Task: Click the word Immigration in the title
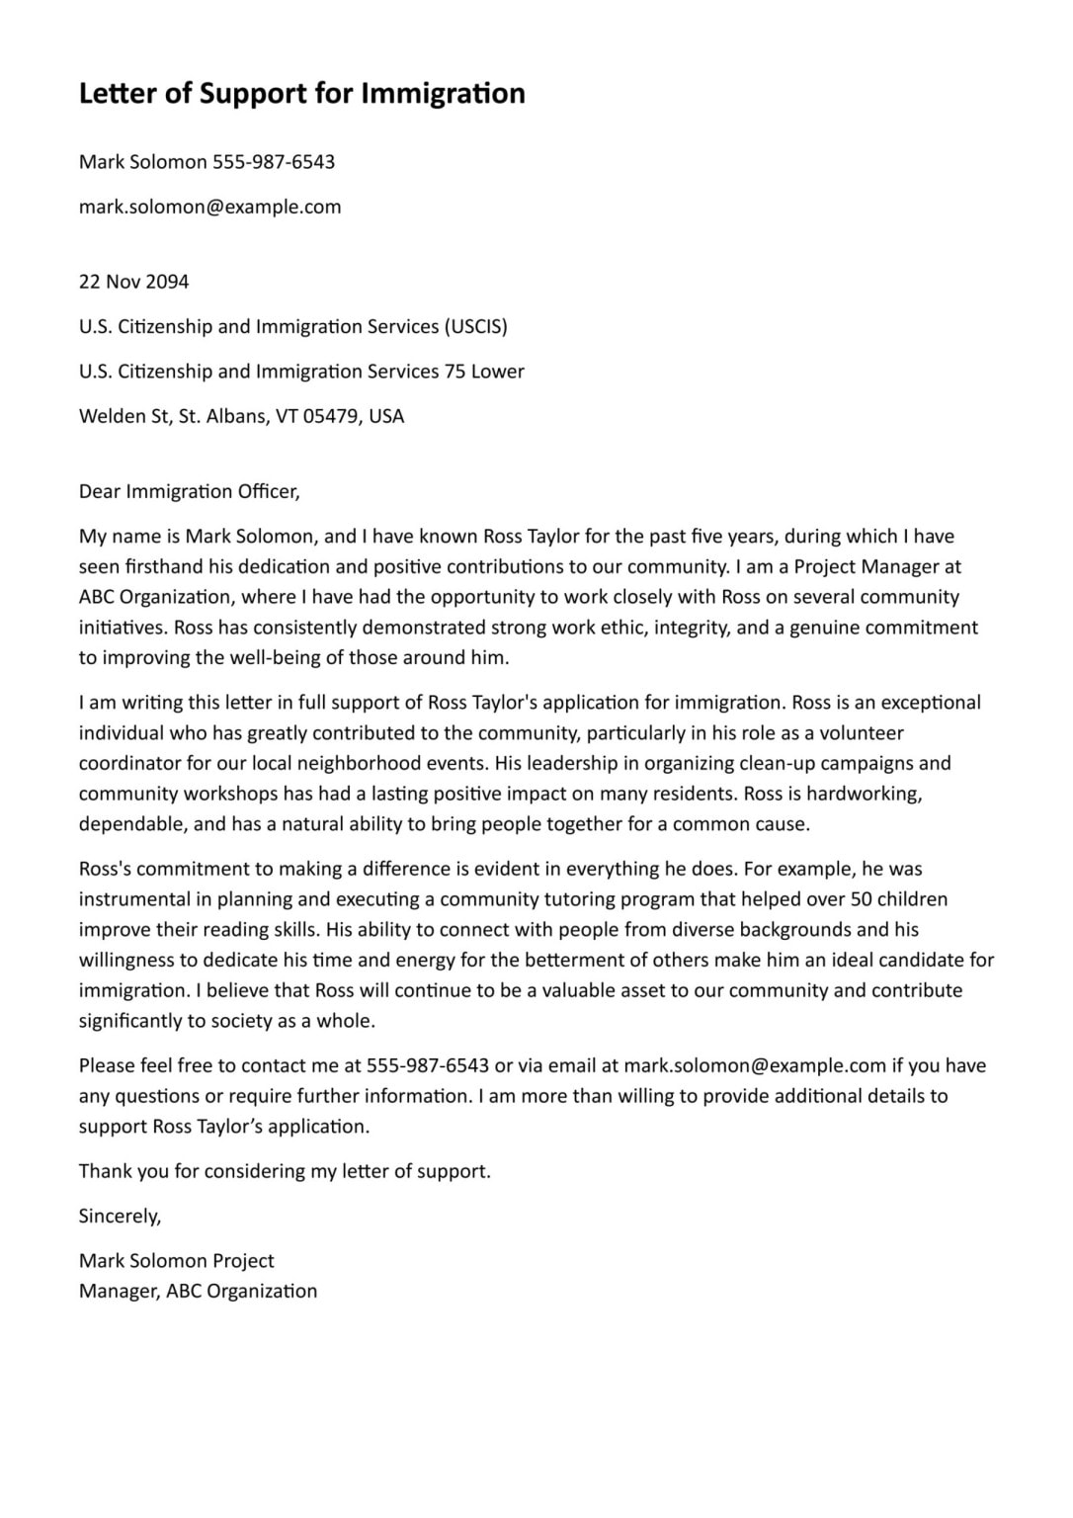[x=443, y=94]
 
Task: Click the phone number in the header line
[x=274, y=162]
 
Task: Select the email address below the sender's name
[x=209, y=207]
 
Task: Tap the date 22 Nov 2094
[x=133, y=282]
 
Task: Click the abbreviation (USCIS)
[x=475, y=326]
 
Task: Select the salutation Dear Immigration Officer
[x=189, y=491]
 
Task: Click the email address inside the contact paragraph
[x=755, y=1065]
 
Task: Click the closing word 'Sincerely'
[x=120, y=1217]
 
